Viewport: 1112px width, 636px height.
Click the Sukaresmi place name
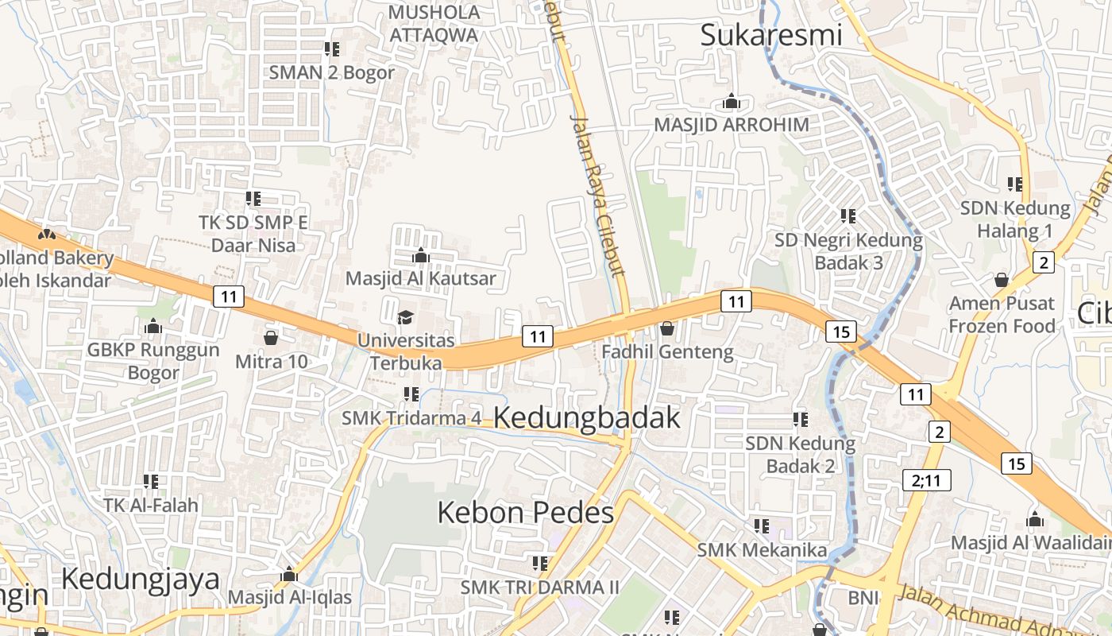coord(770,35)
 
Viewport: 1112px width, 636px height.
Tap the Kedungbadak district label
coord(587,417)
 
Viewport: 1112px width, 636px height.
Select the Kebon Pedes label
coord(526,513)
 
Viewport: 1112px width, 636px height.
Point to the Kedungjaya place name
coord(141,579)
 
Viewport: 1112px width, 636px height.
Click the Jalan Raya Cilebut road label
coord(599,195)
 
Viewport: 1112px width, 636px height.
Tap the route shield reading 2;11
coord(926,480)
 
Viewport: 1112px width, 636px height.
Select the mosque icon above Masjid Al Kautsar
coord(420,256)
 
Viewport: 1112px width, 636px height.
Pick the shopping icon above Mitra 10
coord(271,339)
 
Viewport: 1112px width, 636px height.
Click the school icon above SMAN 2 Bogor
coord(332,49)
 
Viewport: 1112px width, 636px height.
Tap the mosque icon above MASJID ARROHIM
coord(732,102)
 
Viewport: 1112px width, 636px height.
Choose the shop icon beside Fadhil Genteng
coord(667,328)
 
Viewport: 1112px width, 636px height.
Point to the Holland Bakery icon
coord(47,235)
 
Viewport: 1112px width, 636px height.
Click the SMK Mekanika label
coord(762,550)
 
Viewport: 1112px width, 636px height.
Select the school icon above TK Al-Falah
coord(151,481)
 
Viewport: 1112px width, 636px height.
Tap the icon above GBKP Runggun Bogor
coord(153,327)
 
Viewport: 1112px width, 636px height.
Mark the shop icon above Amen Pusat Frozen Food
coord(1002,280)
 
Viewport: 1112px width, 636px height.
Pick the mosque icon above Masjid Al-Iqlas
coord(289,575)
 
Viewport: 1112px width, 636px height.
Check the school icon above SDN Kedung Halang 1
coord(1015,184)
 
